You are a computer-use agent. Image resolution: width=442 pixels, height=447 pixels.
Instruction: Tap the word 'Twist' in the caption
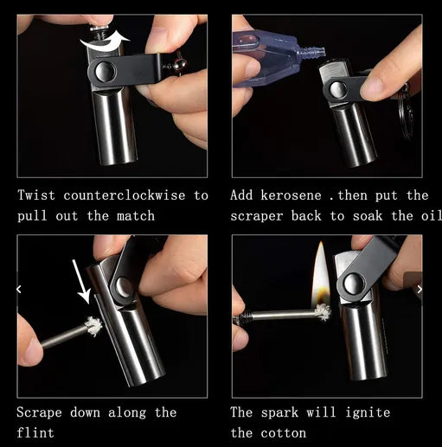[36, 195]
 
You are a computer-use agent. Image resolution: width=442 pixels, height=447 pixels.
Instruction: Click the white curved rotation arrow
[103, 39]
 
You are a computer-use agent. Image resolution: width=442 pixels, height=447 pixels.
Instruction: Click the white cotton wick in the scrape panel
[93, 327]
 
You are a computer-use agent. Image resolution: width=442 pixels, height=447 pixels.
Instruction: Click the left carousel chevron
[19, 289]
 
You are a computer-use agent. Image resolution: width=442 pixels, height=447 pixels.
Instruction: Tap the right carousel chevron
[420, 289]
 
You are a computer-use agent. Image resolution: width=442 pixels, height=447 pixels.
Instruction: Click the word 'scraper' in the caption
[262, 216]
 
